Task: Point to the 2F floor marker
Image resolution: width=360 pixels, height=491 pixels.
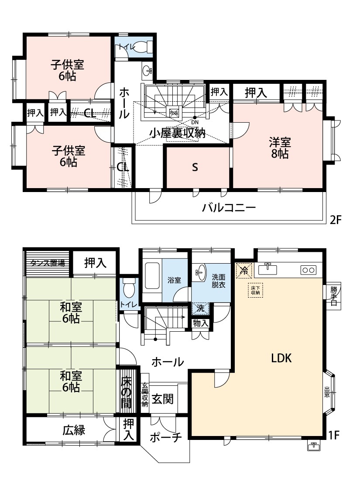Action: point(335,220)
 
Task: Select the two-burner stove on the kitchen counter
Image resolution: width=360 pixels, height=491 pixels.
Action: point(308,270)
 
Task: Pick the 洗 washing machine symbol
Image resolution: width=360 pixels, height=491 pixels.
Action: point(200,308)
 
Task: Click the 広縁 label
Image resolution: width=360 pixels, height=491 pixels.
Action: point(74,430)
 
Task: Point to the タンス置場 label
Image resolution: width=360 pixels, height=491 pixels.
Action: point(48,263)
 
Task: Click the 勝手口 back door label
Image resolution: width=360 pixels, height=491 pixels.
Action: point(334,295)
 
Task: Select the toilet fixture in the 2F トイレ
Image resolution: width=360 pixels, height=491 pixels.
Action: point(142,46)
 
